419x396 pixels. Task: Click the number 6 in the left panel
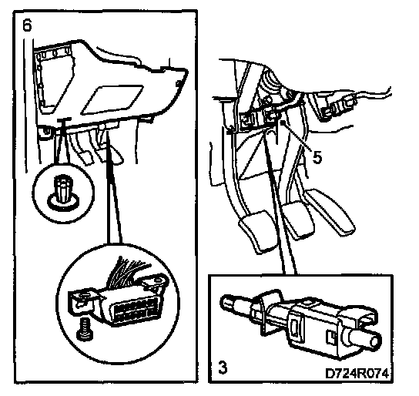[27, 26]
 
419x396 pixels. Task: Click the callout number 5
[317, 158]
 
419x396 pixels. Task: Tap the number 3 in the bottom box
[223, 367]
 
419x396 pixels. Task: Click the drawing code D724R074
[357, 374]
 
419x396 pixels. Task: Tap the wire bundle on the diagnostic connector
[129, 271]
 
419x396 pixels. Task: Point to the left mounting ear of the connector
[80, 301]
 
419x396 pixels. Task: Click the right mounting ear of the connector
[155, 284]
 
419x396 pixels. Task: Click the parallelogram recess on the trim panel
[112, 99]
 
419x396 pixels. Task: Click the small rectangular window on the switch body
[295, 327]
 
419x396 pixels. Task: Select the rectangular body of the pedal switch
[315, 330]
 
